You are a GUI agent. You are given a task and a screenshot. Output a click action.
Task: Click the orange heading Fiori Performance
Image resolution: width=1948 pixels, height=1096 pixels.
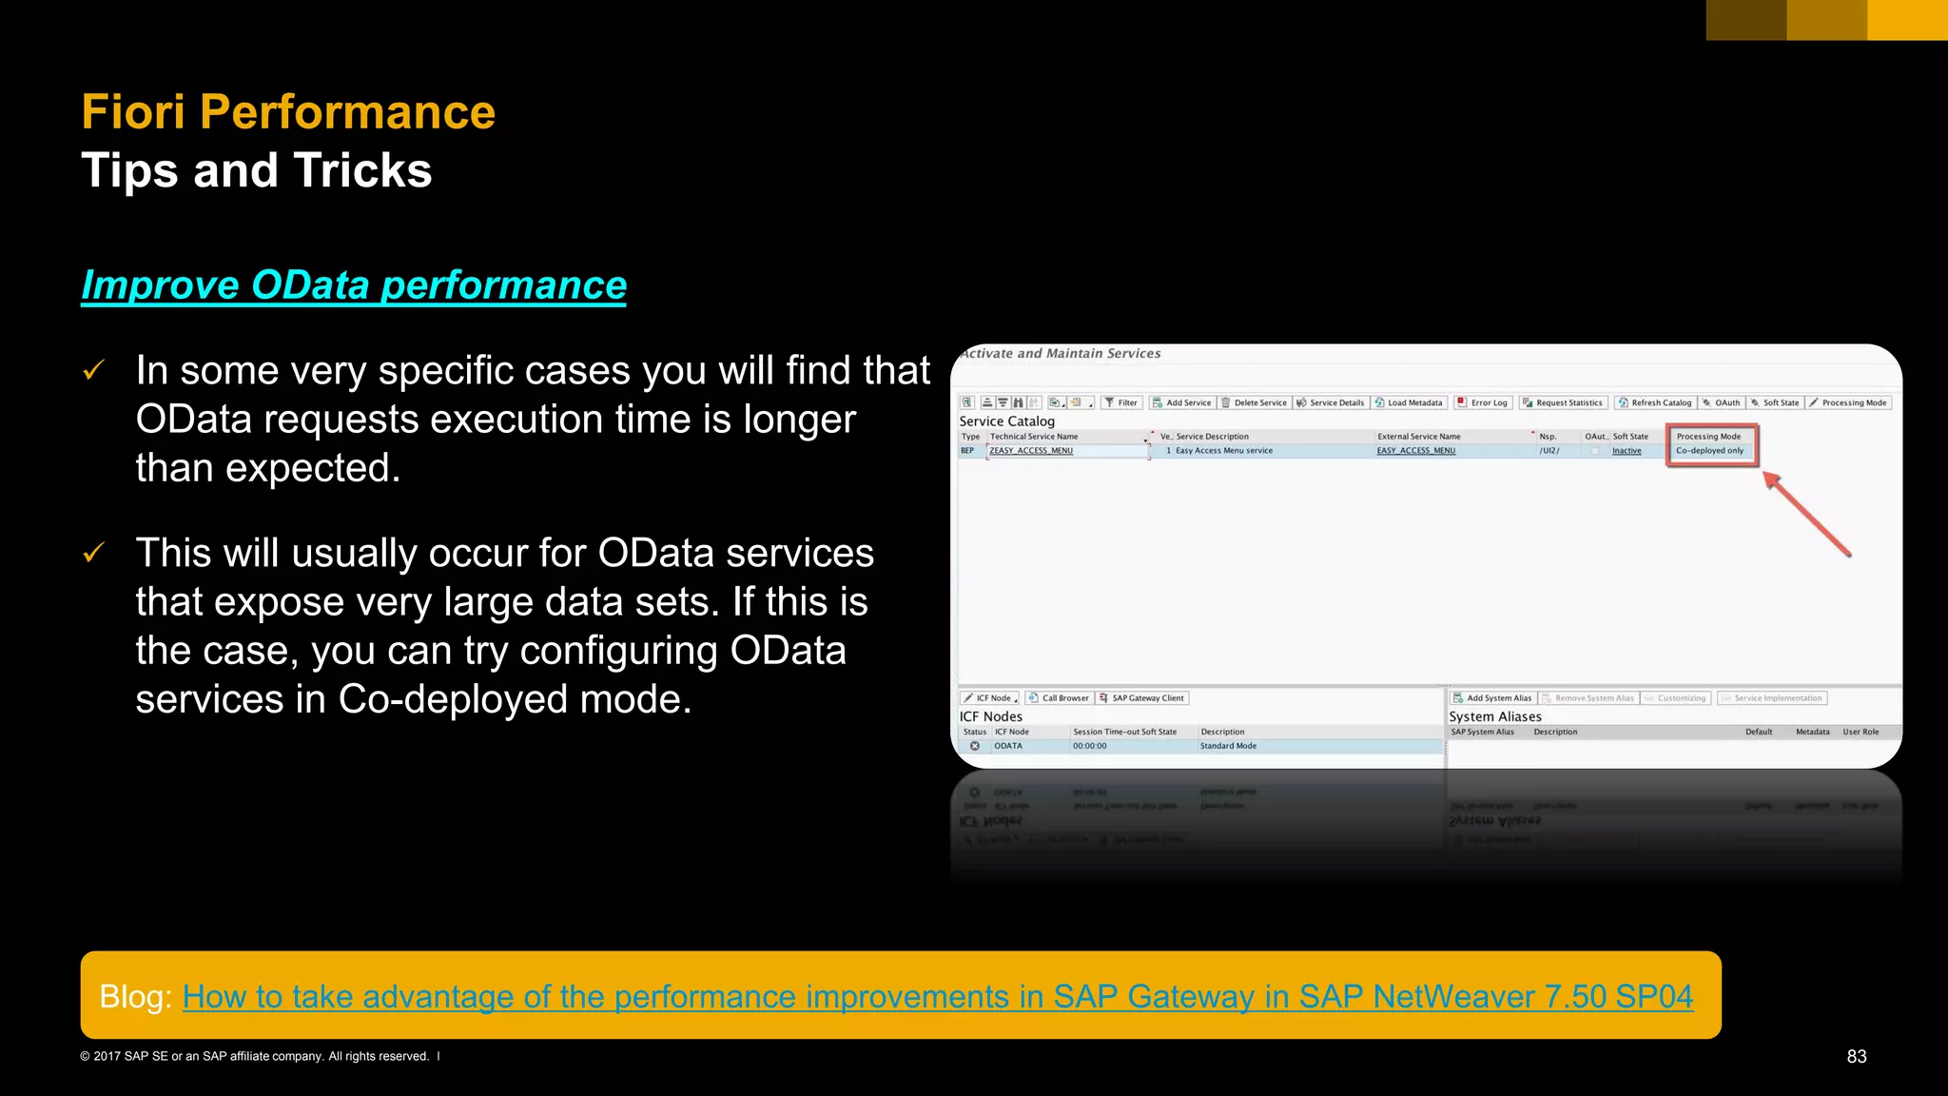(x=288, y=112)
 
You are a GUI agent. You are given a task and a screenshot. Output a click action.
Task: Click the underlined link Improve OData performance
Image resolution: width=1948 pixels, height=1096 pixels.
(x=354, y=285)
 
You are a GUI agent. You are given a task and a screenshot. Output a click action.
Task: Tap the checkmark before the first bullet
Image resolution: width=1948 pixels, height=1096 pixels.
(x=93, y=370)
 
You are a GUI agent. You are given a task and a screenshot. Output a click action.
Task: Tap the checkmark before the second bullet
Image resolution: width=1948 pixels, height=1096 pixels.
(x=93, y=553)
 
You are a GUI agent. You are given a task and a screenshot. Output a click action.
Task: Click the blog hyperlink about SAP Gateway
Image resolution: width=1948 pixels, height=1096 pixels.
(x=937, y=996)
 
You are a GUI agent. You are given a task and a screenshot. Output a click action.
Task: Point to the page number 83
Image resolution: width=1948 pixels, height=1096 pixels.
(x=1856, y=1056)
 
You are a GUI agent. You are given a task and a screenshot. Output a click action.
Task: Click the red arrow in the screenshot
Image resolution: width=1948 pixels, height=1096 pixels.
(x=1807, y=514)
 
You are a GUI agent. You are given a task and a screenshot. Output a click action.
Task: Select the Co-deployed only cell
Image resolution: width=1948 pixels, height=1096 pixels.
(x=1709, y=451)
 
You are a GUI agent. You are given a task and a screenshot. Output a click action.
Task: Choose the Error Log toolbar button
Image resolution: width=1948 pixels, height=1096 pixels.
(x=1483, y=402)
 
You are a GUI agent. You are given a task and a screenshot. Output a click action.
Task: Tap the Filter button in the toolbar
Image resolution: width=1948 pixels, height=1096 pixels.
(x=1121, y=402)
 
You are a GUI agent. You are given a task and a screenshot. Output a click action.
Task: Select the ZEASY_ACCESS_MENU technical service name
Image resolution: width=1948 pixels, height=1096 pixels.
(x=1031, y=451)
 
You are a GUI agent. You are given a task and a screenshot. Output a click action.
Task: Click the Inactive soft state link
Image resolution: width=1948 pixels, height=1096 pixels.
(x=1627, y=451)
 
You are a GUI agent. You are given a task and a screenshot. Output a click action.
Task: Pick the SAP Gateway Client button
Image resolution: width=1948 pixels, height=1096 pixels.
(x=1142, y=698)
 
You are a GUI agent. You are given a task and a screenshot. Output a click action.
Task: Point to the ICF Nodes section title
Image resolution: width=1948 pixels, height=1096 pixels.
(x=990, y=716)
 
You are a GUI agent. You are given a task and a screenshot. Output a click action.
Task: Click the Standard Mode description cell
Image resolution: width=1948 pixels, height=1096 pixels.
(x=1228, y=746)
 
